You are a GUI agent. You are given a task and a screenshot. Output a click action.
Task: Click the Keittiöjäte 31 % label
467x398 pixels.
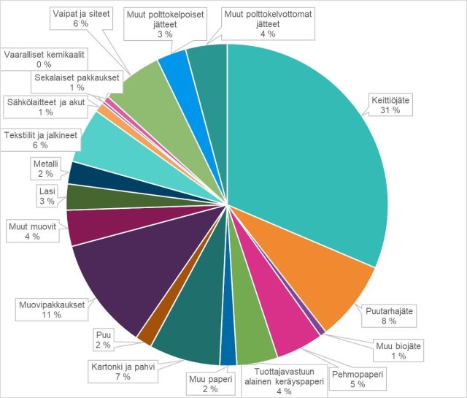click(x=386, y=104)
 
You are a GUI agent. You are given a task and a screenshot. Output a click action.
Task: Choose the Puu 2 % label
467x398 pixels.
click(x=104, y=340)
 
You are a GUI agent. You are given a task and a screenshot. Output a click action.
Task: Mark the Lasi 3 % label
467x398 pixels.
click(x=47, y=196)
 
